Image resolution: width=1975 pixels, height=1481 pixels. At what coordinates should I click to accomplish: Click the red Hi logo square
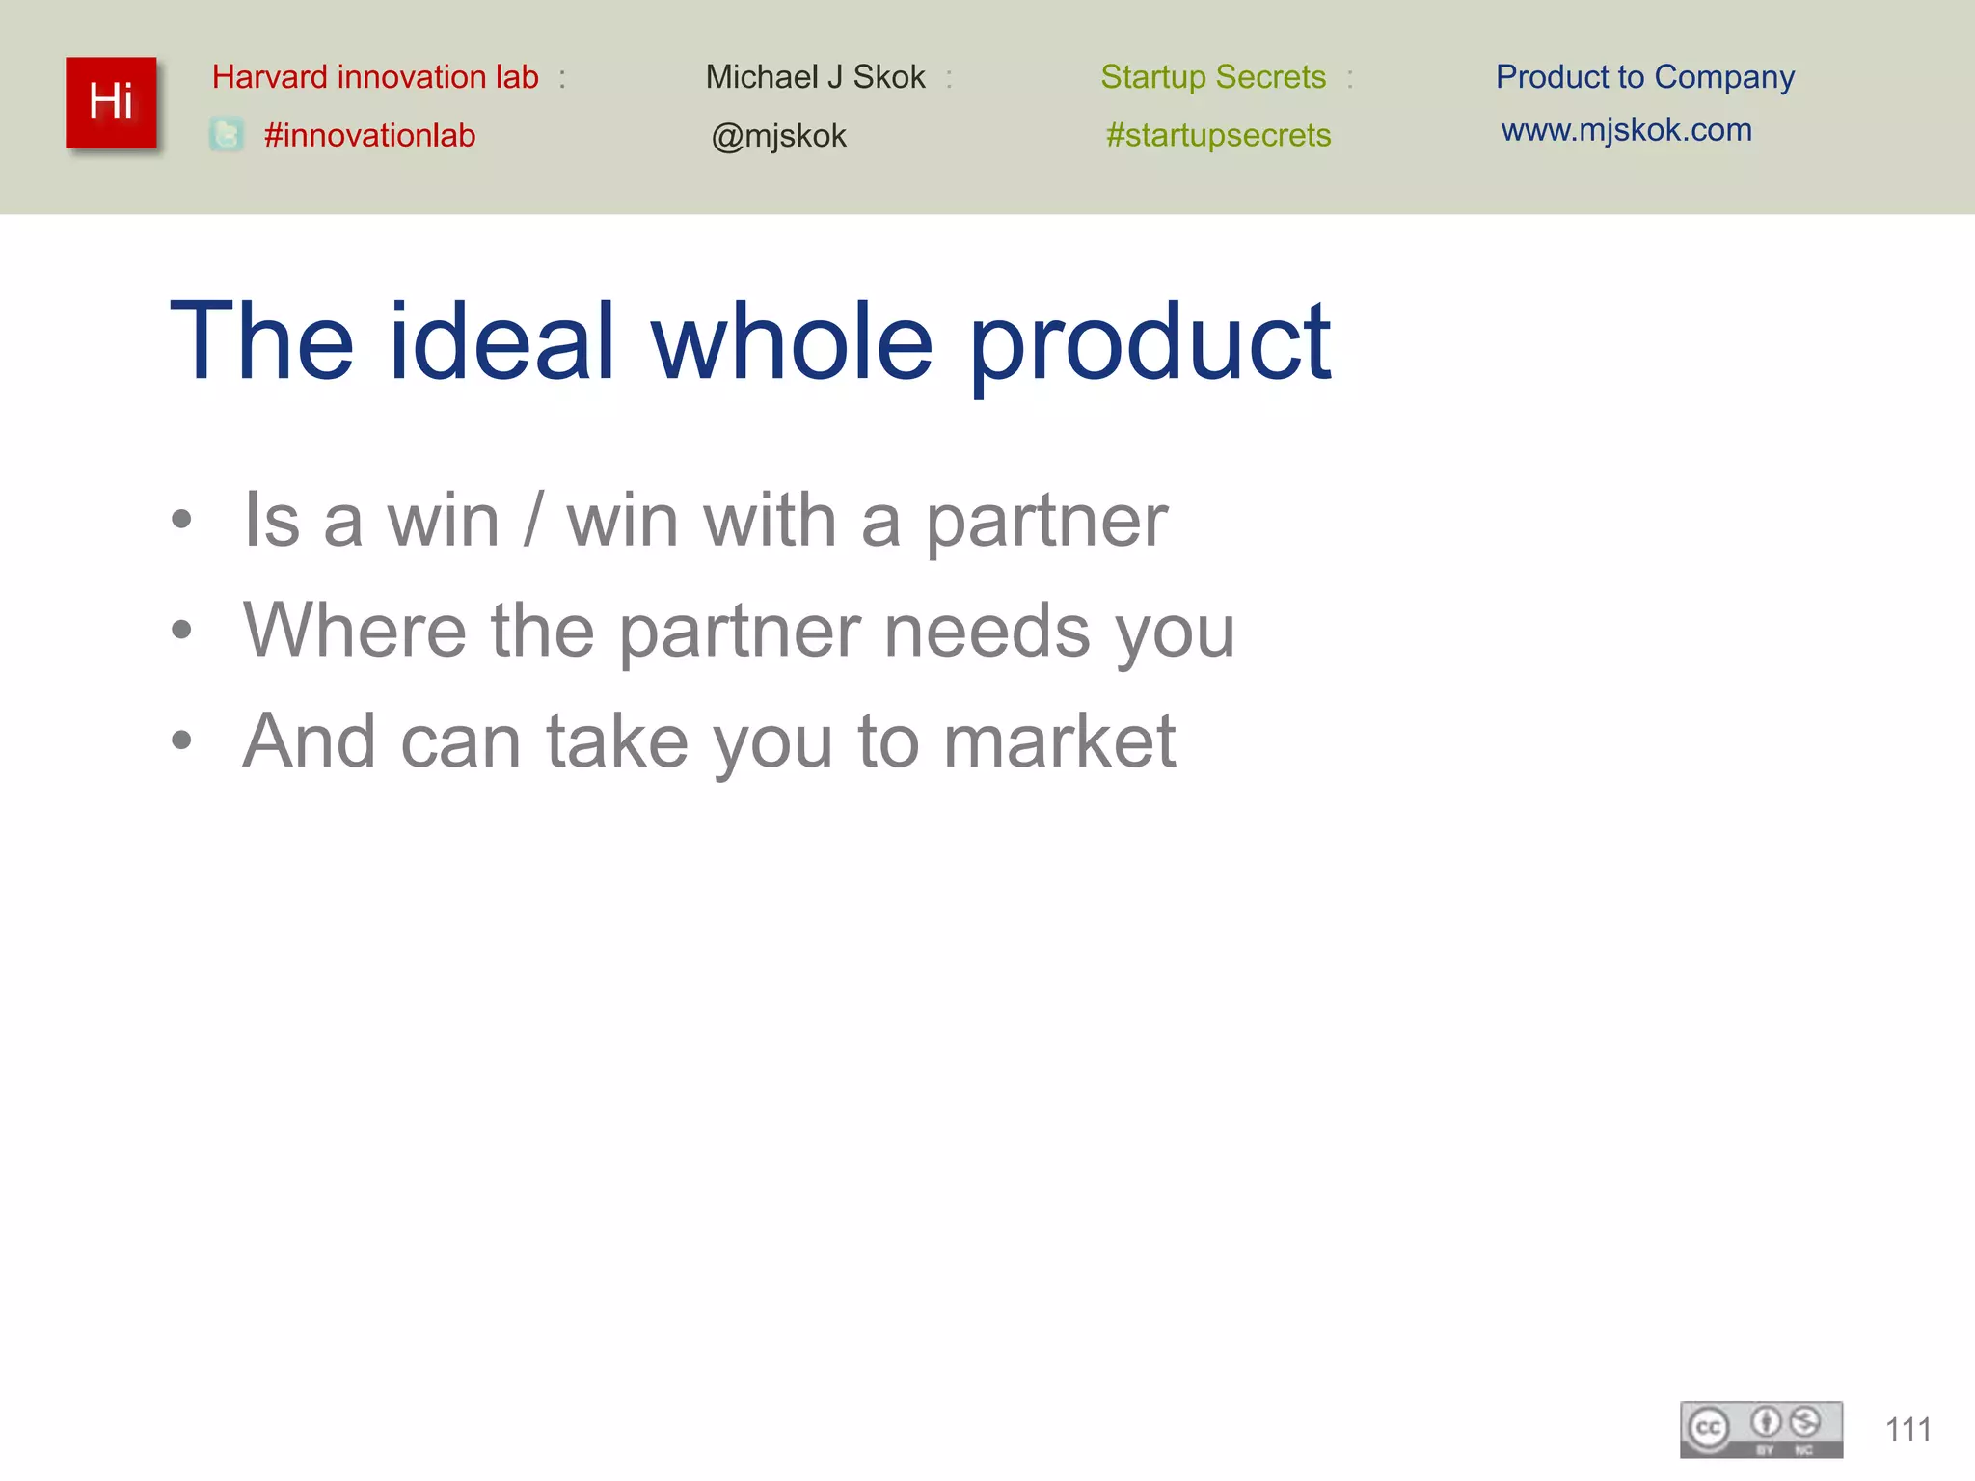click(111, 102)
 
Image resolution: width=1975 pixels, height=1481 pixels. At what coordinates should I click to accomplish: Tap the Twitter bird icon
click(227, 135)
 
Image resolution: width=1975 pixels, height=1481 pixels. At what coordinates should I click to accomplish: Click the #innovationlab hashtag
click(369, 135)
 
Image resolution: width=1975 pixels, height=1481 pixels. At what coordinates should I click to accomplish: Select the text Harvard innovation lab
click(375, 77)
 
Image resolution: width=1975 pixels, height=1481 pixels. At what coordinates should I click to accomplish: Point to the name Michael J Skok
click(815, 77)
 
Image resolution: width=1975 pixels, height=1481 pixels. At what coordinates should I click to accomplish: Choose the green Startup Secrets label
click(1213, 77)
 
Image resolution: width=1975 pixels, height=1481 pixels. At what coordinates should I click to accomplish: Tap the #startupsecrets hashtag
click(1218, 135)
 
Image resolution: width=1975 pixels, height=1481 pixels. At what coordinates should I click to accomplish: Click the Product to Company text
click(1644, 77)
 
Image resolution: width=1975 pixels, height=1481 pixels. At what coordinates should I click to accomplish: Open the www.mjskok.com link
click(1626, 130)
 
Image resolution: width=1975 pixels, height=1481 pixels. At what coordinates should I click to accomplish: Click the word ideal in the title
click(501, 341)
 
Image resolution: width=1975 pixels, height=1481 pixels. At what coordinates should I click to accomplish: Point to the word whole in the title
click(792, 341)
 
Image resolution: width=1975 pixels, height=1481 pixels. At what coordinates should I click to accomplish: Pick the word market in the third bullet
click(1059, 741)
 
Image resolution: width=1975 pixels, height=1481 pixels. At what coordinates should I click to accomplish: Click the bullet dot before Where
click(181, 631)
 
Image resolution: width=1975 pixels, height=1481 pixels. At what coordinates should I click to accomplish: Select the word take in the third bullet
click(617, 741)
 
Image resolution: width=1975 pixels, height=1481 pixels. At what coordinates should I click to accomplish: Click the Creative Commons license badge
click(1761, 1429)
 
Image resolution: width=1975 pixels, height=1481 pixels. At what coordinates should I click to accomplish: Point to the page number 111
click(1907, 1429)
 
